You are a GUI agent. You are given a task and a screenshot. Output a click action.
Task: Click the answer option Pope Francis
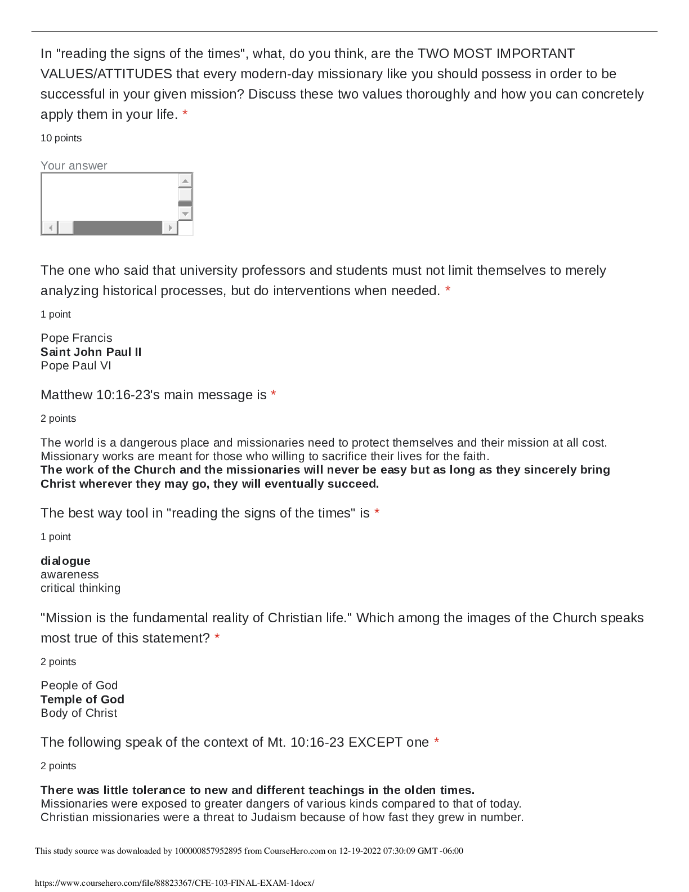tap(77, 338)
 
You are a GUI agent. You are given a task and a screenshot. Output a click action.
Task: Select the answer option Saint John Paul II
tap(91, 352)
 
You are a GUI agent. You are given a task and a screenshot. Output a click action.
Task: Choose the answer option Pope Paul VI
tap(76, 365)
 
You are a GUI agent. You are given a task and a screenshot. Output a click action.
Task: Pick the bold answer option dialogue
tap(66, 561)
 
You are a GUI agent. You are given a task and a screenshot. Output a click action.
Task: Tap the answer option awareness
tap(70, 574)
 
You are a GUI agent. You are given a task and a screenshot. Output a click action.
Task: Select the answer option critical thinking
tap(80, 588)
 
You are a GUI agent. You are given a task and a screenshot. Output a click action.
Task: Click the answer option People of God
tap(79, 685)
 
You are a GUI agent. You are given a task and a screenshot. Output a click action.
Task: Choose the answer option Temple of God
tap(83, 699)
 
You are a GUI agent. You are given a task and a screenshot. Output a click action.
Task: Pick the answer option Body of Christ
tap(79, 713)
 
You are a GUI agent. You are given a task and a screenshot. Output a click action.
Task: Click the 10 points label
tap(61, 138)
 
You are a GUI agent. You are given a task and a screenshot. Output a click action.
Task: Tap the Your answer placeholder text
tap(74, 166)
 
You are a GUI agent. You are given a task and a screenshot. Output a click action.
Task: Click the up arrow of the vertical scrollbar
tap(185, 180)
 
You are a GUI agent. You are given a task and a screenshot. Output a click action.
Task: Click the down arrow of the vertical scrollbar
tap(185, 213)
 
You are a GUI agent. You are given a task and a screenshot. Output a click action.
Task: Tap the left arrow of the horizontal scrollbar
tap(50, 228)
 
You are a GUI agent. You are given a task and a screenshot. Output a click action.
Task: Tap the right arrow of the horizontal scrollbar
tap(170, 228)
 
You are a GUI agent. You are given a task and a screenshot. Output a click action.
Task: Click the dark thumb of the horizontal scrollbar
tap(118, 228)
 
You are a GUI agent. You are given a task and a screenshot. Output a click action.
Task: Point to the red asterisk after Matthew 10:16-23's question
tap(274, 395)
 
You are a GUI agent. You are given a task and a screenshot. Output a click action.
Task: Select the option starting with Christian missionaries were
tap(282, 817)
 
